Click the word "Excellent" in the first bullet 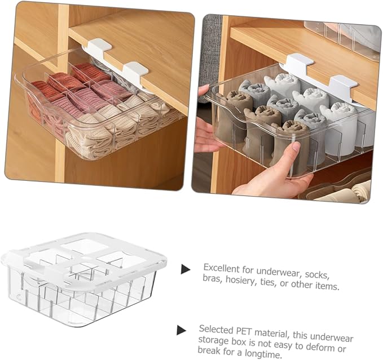(x=221, y=268)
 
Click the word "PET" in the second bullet (x=244, y=331)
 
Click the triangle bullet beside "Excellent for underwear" (x=186, y=269)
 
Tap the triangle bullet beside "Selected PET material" (x=181, y=330)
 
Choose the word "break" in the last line (x=209, y=350)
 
